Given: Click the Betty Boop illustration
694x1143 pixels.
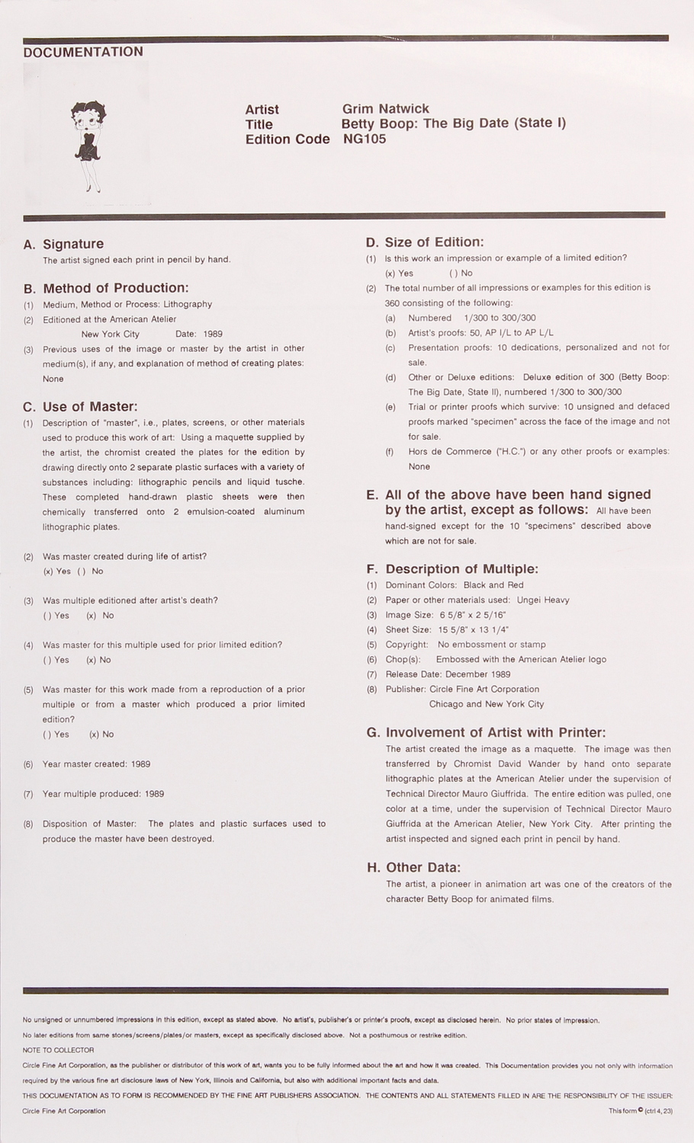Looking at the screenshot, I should (x=87, y=144).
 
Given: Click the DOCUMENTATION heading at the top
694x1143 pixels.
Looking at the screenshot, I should (x=83, y=52).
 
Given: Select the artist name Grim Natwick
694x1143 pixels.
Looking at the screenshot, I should (x=385, y=109).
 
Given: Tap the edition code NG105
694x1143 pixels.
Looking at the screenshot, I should (x=365, y=139).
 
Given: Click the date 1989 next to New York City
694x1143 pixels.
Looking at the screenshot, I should (x=213, y=334).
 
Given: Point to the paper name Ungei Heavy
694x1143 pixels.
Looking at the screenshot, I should (x=542, y=600).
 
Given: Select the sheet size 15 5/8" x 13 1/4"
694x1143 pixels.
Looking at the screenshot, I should (x=474, y=629).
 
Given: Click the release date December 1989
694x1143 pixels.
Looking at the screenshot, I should (x=477, y=674).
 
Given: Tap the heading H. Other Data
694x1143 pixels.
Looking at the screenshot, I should (x=423, y=867).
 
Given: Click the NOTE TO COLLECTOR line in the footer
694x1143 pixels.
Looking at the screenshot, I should (x=59, y=1050).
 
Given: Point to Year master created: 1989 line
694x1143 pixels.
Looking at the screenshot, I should (x=96, y=764).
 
